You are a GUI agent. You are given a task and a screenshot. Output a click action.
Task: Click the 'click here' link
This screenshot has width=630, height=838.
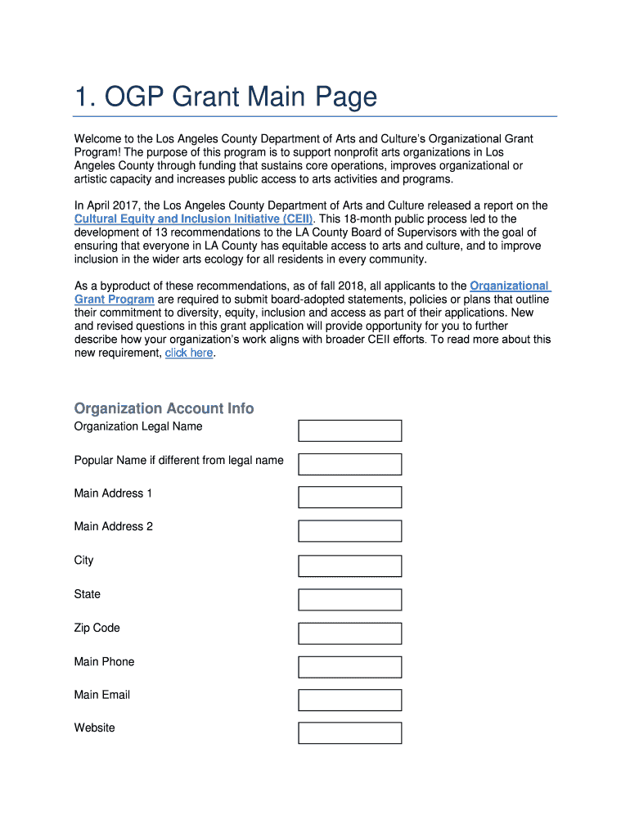(189, 353)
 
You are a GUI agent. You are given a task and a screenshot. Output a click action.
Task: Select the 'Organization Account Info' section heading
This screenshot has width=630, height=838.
(164, 408)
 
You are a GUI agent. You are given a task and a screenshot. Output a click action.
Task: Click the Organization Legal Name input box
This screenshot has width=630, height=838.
(349, 430)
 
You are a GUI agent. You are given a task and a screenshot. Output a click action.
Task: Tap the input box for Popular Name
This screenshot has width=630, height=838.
(349, 464)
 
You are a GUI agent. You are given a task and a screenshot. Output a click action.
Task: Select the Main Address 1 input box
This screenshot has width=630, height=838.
(349, 498)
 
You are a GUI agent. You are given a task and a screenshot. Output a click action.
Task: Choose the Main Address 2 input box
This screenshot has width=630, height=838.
(349, 531)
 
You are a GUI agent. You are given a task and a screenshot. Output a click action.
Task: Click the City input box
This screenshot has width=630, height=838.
(349, 565)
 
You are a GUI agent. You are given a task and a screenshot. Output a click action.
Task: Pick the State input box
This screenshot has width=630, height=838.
(349, 599)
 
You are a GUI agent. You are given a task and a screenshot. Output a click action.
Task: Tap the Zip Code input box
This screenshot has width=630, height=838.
(349, 633)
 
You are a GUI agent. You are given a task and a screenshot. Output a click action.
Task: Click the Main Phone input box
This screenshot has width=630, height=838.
(349, 666)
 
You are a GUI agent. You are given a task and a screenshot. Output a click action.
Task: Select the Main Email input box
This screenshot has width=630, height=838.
(349, 700)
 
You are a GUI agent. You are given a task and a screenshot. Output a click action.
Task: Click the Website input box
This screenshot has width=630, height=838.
(349, 732)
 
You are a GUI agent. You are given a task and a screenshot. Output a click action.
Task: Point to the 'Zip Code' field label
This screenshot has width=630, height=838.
(97, 628)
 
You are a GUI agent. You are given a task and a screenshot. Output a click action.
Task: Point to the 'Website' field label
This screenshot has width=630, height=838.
(94, 728)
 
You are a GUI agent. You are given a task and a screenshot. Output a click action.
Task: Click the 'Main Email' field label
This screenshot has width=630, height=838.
(101, 695)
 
